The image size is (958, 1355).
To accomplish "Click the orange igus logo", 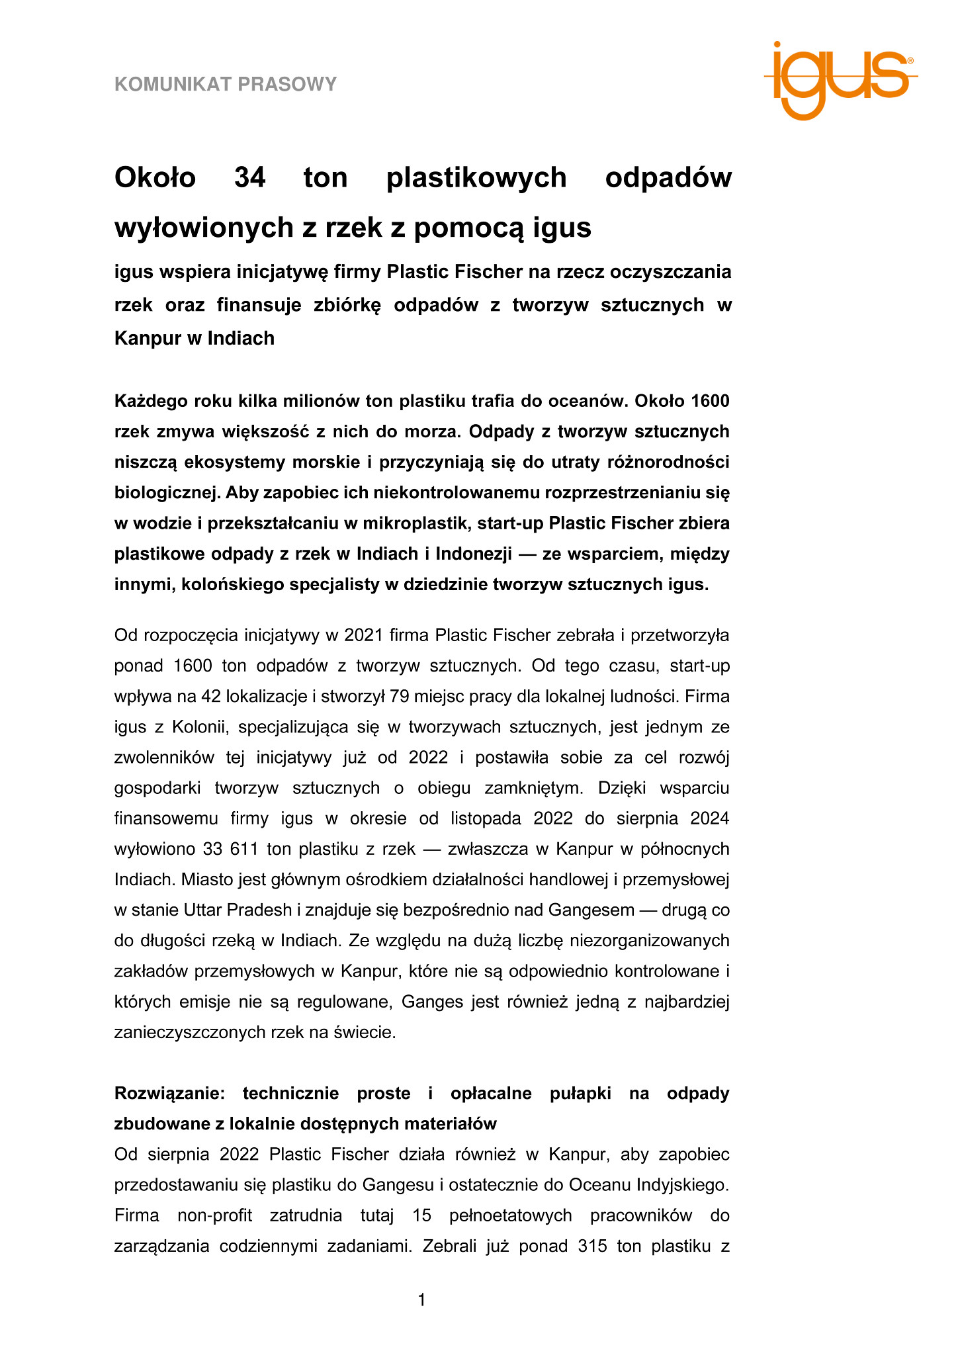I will click(x=839, y=81).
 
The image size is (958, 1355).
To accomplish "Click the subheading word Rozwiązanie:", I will click(x=170, y=1093).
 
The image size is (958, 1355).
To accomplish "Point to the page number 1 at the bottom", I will click(x=422, y=1301).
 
